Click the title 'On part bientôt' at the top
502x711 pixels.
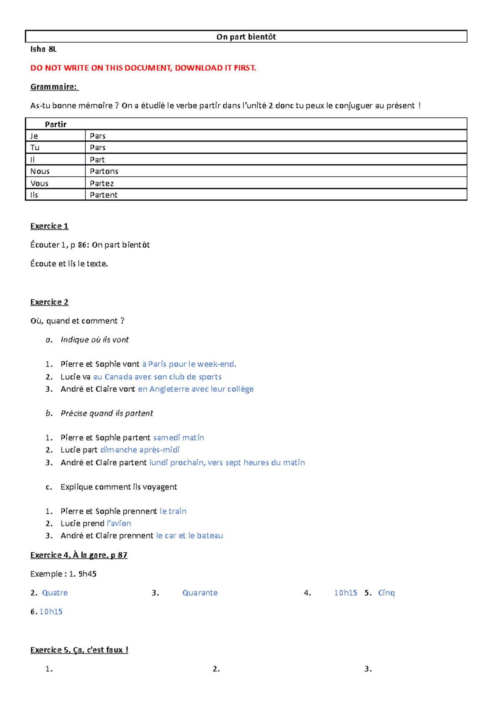pyautogui.click(x=246, y=37)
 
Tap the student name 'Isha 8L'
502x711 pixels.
pyautogui.click(x=43, y=49)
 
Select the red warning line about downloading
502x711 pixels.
pyautogui.click(x=143, y=68)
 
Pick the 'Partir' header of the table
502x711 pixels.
pyautogui.click(x=56, y=124)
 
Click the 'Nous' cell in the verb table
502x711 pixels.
pyautogui.click(x=40, y=171)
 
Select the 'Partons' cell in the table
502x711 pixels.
pyautogui.click(x=104, y=171)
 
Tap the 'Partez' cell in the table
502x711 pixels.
pyautogui.click(x=102, y=183)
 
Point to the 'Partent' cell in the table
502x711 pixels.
pyautogui.click(x=103, y=195)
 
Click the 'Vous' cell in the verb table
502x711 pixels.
pyautogui.click(x=39, y=183)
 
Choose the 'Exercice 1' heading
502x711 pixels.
pyautogui.click(x=49, y=226)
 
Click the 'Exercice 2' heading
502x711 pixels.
pyautogui.click(x=49, y=302)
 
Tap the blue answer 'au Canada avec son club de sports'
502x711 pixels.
pyautogui.click(x=157, y=377)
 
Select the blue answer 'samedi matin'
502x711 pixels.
pyautogui.click(x=179, y=438)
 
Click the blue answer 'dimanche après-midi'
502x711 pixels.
pyautogui.click(x=140, y=450)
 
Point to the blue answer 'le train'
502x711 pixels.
pyautogui.click(x=173, y=511)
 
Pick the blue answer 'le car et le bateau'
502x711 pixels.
pyautogui.click(x=190, y=536)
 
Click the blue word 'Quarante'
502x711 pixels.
pyautogui.click(x=200, y=593)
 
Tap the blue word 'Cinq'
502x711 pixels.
pyautogui.click(x=386, y=593)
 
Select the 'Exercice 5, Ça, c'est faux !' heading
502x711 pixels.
pyautogui.click(x=79, y=650)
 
